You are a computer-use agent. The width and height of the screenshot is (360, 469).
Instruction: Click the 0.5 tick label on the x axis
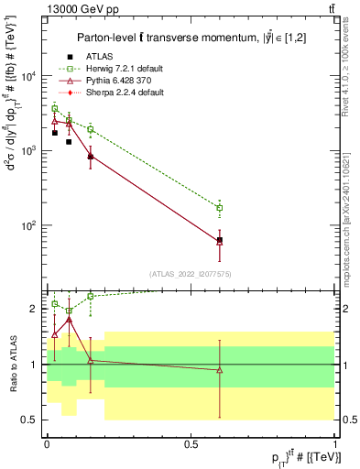point(191,444)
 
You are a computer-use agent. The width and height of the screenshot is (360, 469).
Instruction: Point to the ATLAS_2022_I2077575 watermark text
point(191,274)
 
